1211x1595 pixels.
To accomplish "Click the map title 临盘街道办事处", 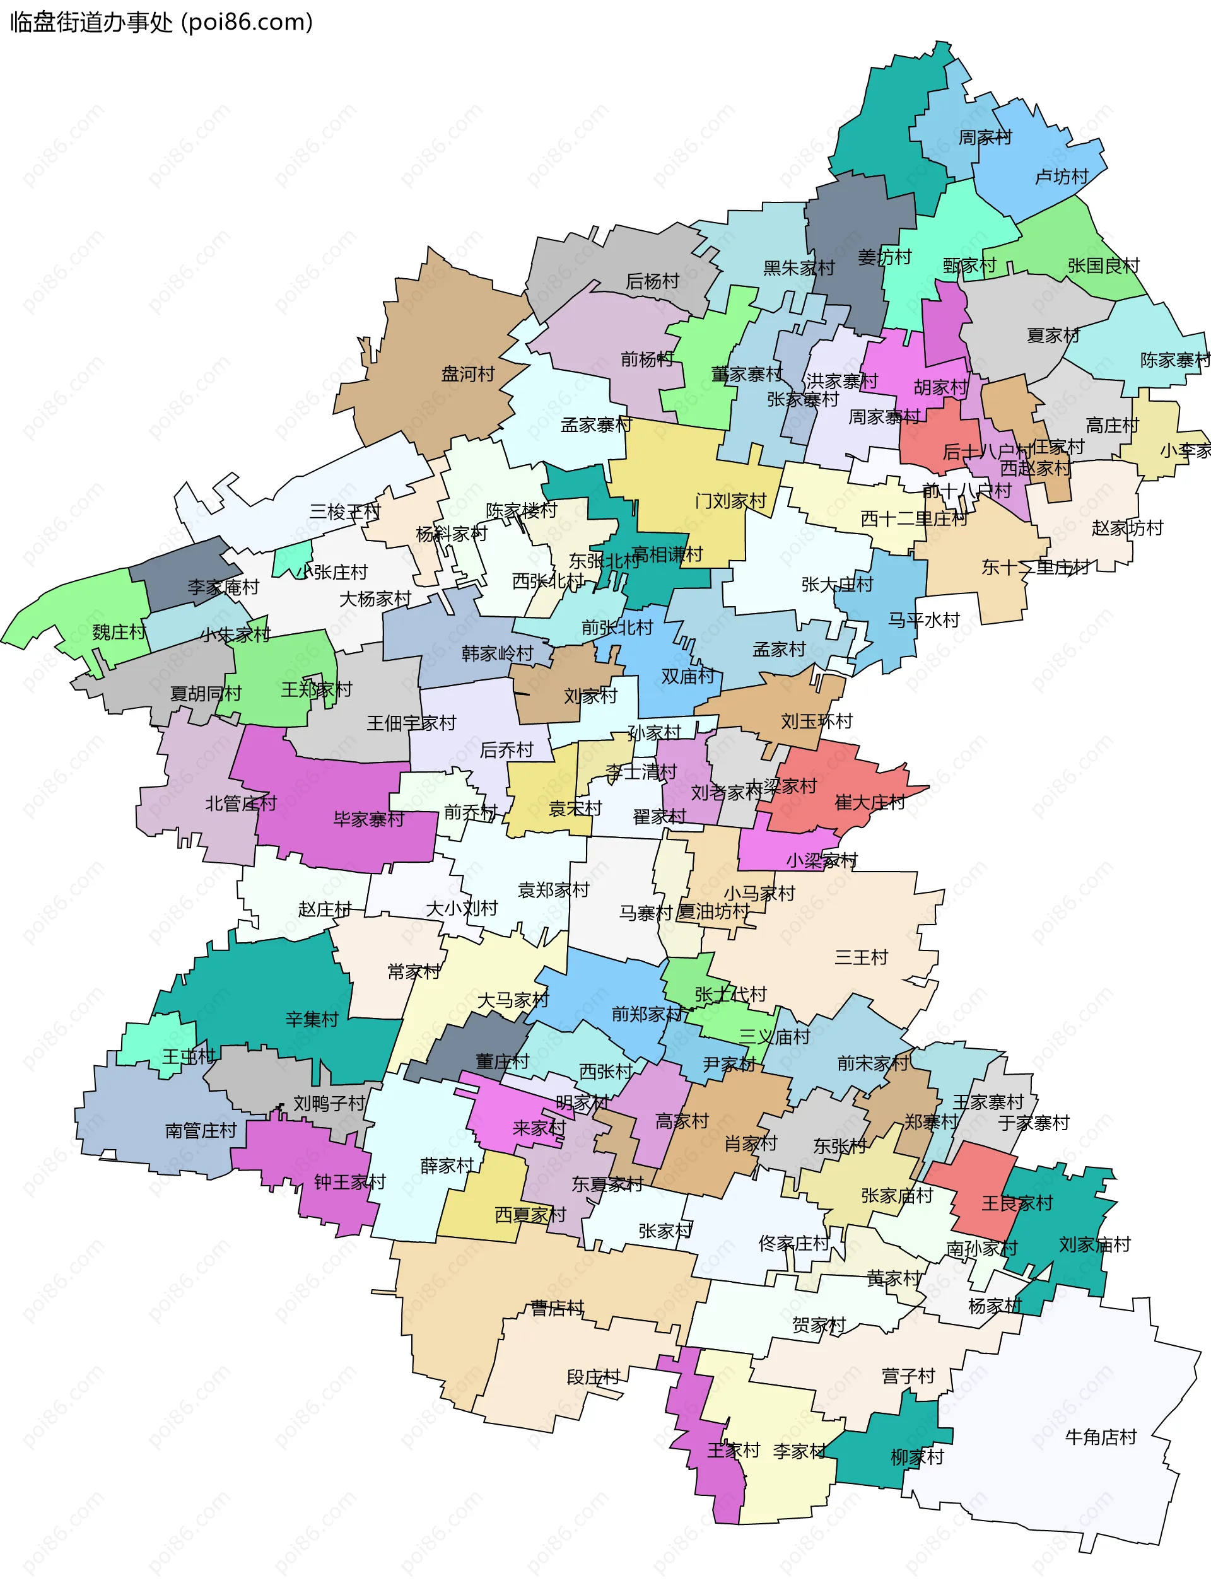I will tap(91, 22).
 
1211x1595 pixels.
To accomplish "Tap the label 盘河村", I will tap(468, 374).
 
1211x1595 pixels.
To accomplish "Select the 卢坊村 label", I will tap(1061, 177).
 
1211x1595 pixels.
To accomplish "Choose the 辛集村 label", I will tap(312, 1020).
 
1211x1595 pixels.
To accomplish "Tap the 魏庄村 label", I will tap(119, 633).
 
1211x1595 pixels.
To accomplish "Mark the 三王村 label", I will tap(861, 958).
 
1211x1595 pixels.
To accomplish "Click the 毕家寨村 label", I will tap(368, 820).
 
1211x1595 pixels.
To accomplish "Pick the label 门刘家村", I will tap(730, 501).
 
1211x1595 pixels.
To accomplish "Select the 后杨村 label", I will tap(652, 281).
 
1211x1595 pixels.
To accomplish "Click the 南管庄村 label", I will tap(201, 1131).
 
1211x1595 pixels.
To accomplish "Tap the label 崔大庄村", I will tap(869, 803).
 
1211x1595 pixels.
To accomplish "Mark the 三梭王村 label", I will tap(345, 512).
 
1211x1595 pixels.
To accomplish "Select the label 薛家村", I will tap(447, 1166).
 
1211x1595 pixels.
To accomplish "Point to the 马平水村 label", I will tap(923, 620).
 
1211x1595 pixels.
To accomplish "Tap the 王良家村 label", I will tap(1017, 1203).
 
